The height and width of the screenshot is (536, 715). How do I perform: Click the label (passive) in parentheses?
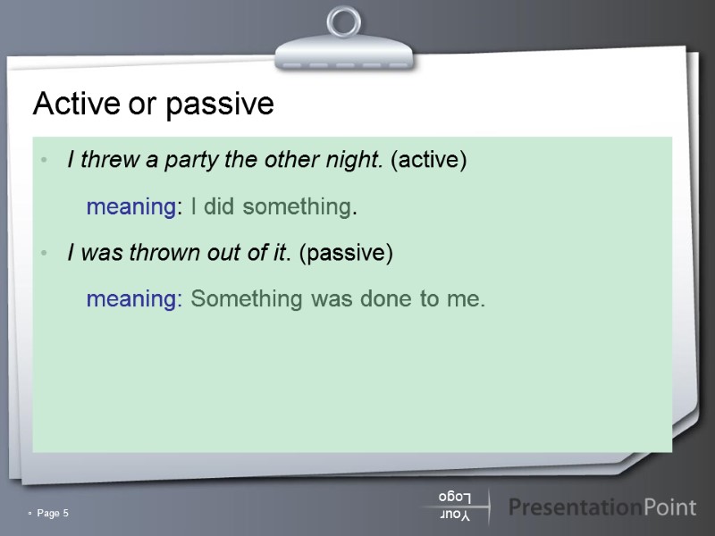(x=346, y=253)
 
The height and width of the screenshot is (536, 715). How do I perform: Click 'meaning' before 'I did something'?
(x=130, y=208)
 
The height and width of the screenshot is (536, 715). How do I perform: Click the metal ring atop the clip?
(x=343, y=23)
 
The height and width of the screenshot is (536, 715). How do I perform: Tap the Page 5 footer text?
(x=53, y=513)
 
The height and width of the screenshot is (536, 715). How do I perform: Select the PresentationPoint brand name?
(x=601, y=507)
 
